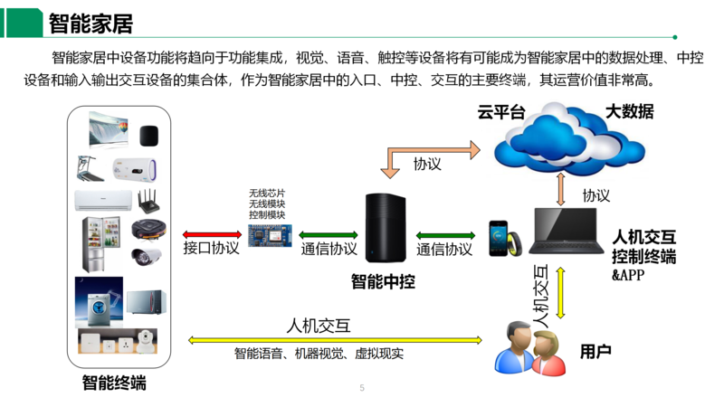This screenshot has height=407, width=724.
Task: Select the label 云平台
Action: [501, 113]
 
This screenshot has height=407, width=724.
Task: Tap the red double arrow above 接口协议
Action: [211, 233]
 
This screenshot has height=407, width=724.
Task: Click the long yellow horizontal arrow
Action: [336, 340]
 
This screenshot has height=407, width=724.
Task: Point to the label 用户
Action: [595, 351]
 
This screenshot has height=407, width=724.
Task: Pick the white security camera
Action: [145, 256]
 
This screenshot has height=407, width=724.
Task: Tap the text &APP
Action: [628, 275]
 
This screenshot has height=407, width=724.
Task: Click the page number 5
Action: [362, 388]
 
